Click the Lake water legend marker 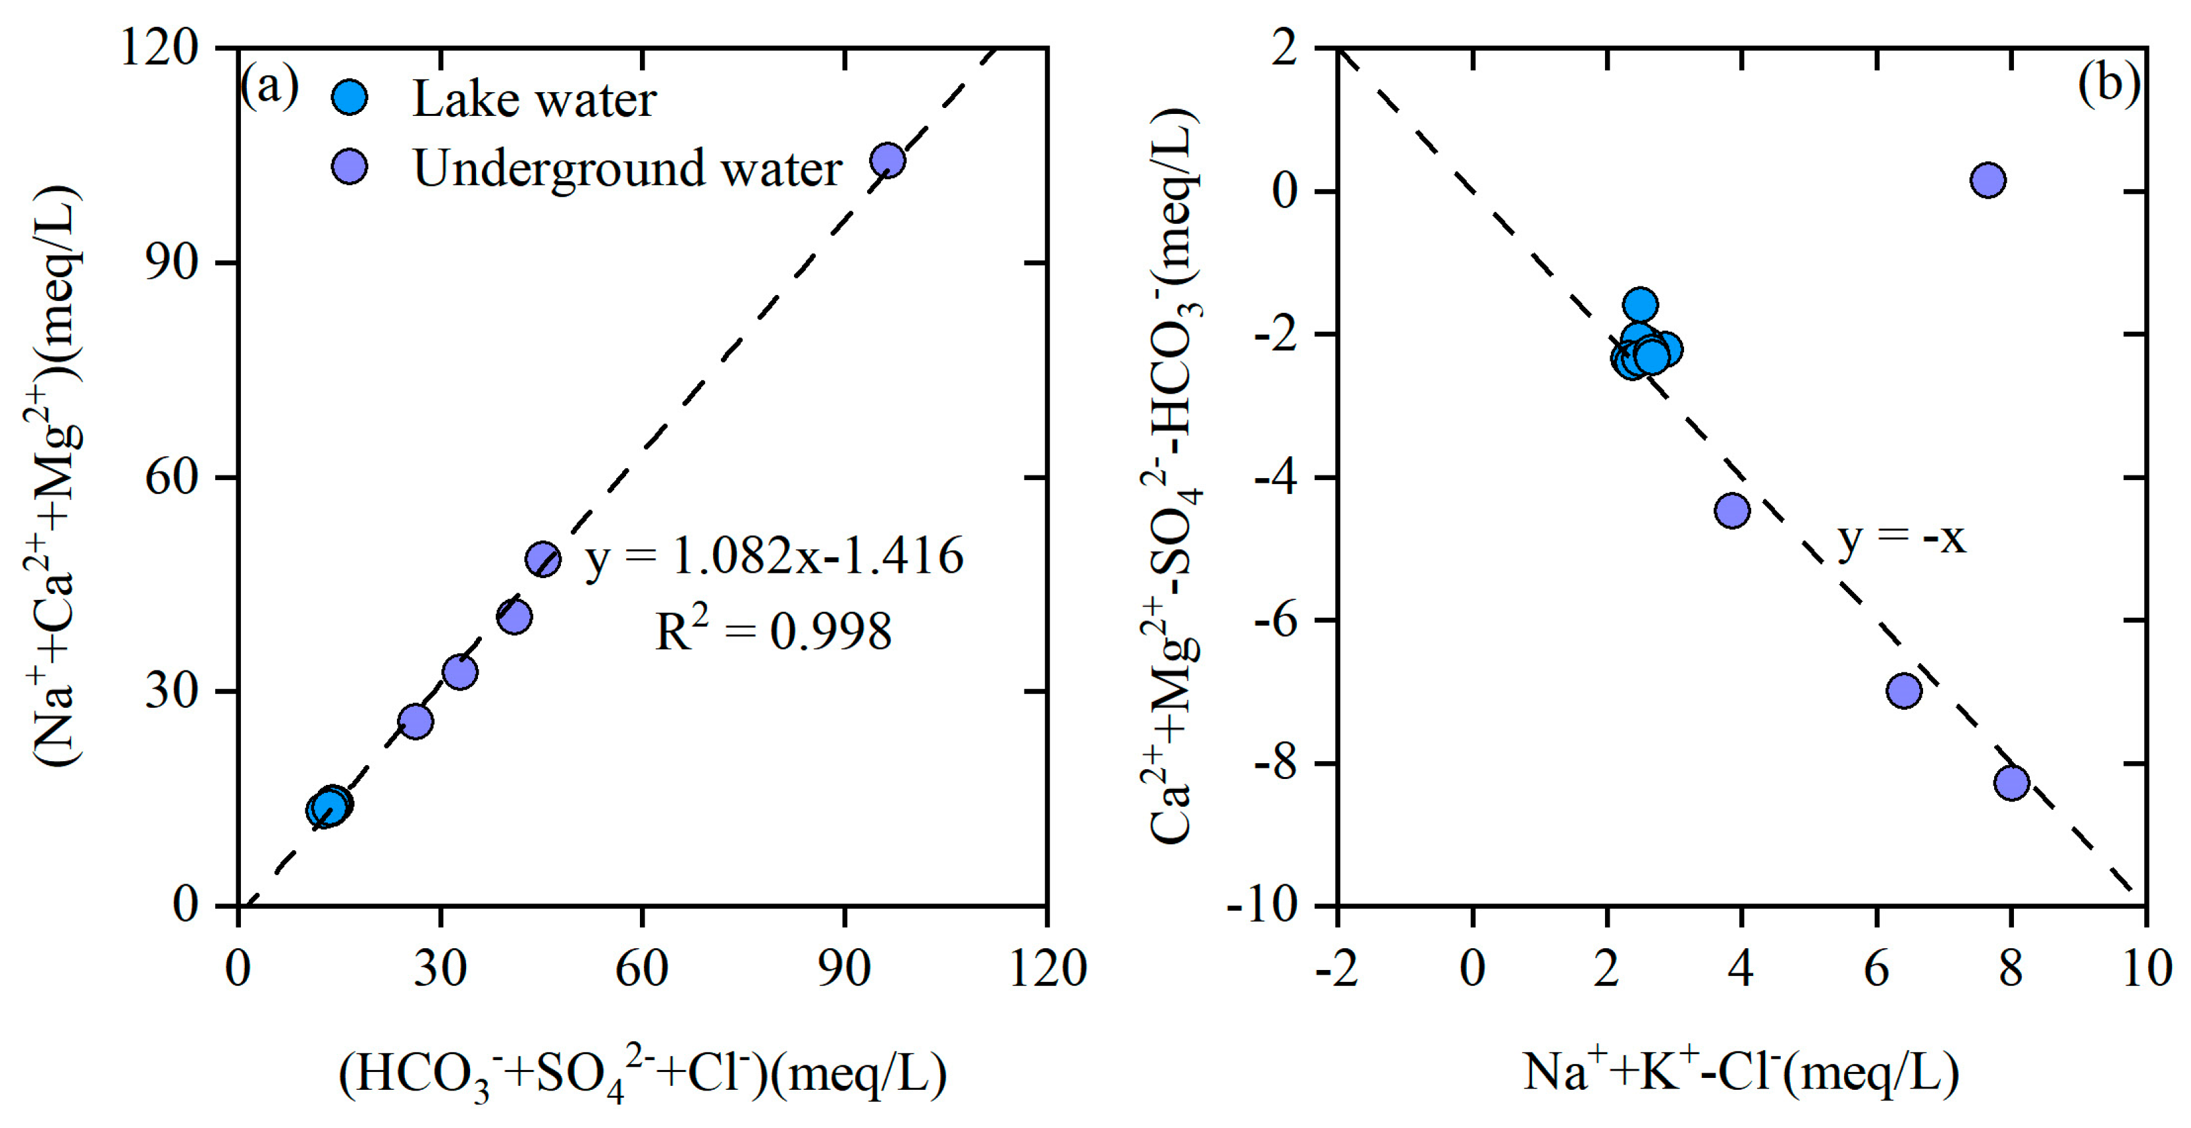point(349,98)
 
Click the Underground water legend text point(627,167)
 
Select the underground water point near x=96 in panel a point(887,160)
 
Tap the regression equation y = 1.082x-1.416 point(774,557)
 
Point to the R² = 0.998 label point(772,631)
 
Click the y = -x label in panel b point(1901,537)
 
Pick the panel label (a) point(269,85)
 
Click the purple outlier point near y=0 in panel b point(1988,180)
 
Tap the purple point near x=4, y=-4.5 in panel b point(1731,510)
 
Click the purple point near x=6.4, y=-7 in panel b point(1903,691)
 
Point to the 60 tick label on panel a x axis point(641,969)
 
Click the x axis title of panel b point(1740,1072)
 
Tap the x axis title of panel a point(642,1075)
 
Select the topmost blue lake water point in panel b point(1640,304)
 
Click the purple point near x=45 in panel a point(542,559)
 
